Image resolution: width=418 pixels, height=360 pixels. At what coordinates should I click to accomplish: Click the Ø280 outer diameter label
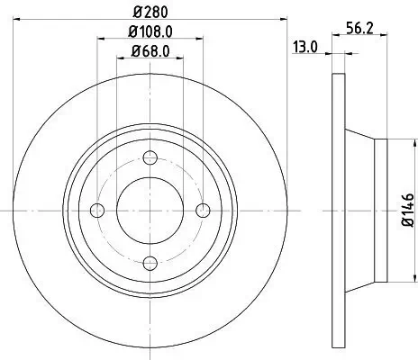(x=150, y=13)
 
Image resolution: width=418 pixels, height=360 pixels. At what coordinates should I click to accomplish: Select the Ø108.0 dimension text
(x=150, y=35)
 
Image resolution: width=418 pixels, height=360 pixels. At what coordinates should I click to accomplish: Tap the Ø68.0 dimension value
(x=150, y=51)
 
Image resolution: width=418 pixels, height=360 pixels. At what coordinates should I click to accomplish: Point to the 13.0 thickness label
(x=304, y=48)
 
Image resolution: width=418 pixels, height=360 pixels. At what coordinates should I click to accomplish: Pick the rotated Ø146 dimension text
(x=405, y=209)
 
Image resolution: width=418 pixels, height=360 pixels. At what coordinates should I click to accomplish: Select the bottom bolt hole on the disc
(x=150, y=262)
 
